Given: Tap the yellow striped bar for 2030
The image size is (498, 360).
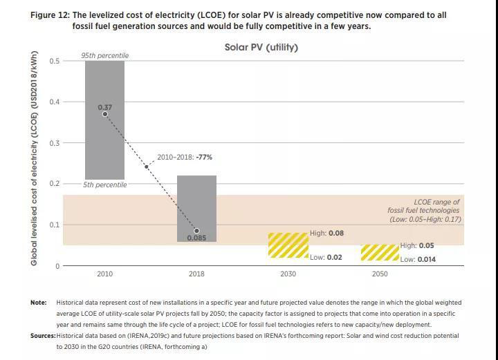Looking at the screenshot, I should (288, 245).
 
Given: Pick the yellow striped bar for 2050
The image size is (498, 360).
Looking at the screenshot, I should (380, 252).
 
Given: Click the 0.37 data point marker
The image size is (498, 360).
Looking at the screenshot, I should (105, 114).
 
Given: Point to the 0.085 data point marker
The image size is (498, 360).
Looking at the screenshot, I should (196, 231).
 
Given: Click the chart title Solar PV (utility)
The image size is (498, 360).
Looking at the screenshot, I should (261, 48).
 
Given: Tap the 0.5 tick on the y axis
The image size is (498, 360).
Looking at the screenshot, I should (55, 61).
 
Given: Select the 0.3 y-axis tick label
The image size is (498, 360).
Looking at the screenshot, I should (55, 143).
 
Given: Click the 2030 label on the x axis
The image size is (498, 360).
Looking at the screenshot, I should (288, 274).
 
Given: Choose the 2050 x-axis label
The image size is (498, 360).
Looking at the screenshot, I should (380, 274).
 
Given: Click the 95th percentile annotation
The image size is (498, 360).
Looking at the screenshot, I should (104, 55).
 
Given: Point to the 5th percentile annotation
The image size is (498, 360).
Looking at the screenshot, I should (104, 184).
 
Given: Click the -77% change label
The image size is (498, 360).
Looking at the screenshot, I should (204, 158).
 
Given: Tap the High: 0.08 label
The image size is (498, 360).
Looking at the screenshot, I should (326, 234).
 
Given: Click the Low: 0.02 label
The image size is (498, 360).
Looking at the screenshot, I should (326, 258).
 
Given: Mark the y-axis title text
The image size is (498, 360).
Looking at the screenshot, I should (34, 159).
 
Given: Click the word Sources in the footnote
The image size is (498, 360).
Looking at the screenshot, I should (42, 336).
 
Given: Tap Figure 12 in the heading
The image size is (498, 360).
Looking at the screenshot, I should (50, 15).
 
